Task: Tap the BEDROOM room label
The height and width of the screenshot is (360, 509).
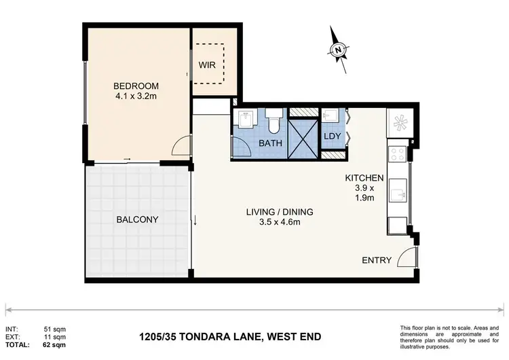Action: (x=136, y=86)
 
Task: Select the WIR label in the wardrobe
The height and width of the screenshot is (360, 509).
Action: (x=207, y=66)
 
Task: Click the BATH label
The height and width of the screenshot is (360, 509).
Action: (x=269, y=143)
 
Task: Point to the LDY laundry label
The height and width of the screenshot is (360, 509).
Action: (x=333, y=137)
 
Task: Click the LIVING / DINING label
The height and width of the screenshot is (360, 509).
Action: (x=279, y=211)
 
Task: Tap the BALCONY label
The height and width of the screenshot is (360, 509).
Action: (x=137, y=219)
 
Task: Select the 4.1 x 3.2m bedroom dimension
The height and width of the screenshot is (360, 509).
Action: (x=136, y=96)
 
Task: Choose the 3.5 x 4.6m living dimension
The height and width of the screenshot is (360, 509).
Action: (x=279, y=221)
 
